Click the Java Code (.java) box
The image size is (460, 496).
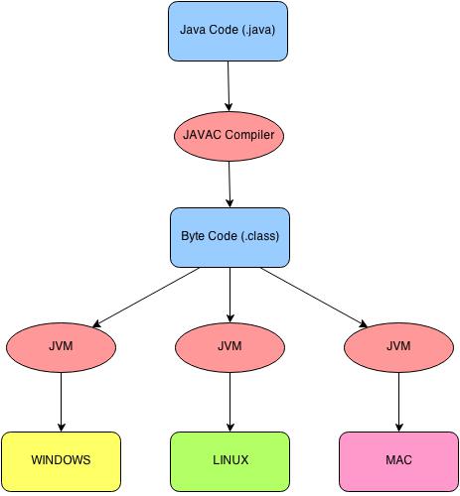click(x=228, y=32)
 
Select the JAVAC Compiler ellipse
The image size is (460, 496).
click(x=229, y=136)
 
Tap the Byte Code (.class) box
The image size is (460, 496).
click(x=230, y=237)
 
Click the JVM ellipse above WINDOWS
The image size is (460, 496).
click(x=61, y=347)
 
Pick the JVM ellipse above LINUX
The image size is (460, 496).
click(x=230, y=347)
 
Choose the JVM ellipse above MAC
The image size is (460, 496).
click(x=398, y=347)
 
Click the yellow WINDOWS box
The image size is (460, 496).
click(x=61, y=461)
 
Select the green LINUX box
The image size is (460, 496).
click(x=230, y=461)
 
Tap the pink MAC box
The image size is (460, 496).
click(x=398, y=461)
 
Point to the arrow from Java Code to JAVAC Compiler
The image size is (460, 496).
click(x=229, y=86)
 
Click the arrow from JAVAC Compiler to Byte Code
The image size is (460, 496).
click(x=230, y=185)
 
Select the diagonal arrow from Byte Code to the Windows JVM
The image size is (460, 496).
click(x=145, y=298)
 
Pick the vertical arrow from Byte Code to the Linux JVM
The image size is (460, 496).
click(x=230, y=295)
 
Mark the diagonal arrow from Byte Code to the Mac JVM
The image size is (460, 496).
click(x=314, y=298)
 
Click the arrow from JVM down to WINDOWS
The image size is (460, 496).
click(x=61, y=402)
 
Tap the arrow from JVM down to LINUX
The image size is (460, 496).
click(x=230, y=402)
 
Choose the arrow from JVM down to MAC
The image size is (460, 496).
click(x=398, y=402)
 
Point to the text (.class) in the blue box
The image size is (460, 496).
click(x=260, y=236)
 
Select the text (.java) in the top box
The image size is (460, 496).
click(x=258, y=30)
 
